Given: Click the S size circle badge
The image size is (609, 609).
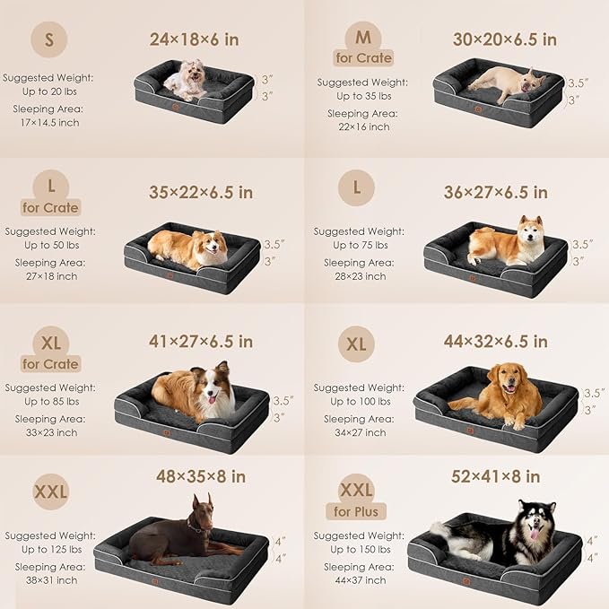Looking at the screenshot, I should click(x=48, y=40).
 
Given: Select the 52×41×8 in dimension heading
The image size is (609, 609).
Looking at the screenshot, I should click(x=495, y=476).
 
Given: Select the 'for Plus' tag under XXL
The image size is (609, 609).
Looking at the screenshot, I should click(x=358, y=512).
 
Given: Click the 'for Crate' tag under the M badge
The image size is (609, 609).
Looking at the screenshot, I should click(x=363, y=58).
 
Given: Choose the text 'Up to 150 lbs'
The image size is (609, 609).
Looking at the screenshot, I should click(x=359, y=549).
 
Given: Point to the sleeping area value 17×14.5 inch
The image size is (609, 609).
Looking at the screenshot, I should click(x=48, y=122).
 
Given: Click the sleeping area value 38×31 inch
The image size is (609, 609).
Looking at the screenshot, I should click(x=48, y=581).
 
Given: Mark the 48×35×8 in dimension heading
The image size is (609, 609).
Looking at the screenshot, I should click(x=201, y=476).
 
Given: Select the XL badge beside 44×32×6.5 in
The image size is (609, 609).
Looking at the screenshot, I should click(x=357, y=344).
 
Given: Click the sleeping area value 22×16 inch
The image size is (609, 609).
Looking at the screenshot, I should click(x=357, y=127).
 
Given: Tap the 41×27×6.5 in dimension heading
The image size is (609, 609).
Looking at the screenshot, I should click(x=201, y=341).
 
